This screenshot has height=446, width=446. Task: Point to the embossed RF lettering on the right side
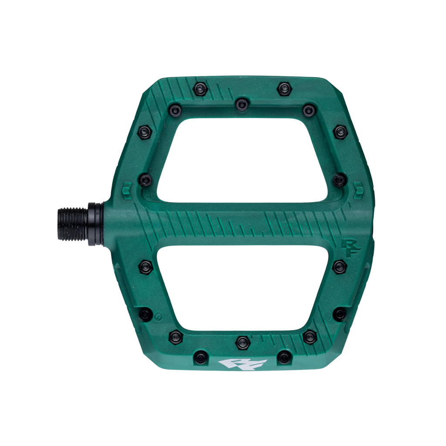pyautogui.click(x=350, y=247)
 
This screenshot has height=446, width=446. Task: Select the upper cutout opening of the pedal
pyautogui.click(x=243, y=160)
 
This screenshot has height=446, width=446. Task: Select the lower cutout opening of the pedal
pyautogui.click(x=243, y=287)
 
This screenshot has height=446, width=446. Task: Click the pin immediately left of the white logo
pyautogui.click(x=200, y=358)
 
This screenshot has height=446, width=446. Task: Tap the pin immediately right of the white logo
pyautogui.click(x=284, y=358)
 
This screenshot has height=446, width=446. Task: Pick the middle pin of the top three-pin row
pyautogui.click(x=242, y=105)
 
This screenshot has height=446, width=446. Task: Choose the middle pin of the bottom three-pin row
pyautogui.click(x=242, y=342)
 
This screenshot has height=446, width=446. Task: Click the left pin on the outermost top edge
pyautogui.click(x=200, y=89)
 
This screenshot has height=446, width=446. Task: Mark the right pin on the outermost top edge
pyautogui.click(x=284, y=89)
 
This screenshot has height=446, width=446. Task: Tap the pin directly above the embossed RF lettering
pyautogui.click(x=339, y=179)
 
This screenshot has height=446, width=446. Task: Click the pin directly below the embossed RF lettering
pyautogui.click(x=340, y=267)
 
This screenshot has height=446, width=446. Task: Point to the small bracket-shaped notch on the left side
pyautogui.click(x=127, y=191)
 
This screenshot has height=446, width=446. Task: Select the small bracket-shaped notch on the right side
pyautogui.click(x=358, y=191)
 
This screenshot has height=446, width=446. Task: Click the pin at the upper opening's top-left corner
pyautogui.click(x=176, y=110)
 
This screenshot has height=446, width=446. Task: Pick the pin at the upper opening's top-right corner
pyautogui.click(x=309, y=110)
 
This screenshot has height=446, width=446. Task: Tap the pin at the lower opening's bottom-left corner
pyautogui.click(x=176, y=337)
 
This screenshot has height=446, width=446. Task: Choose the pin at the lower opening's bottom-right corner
pyautogui.click(x=310, y=336)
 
